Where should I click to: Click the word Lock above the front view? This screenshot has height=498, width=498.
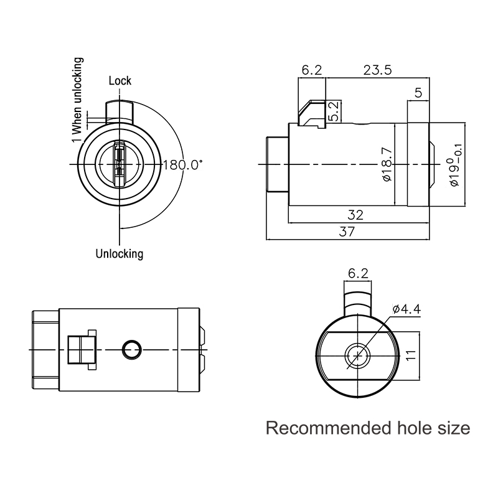(x=120, y=81)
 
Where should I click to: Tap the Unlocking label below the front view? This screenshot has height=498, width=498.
(x=120, y=254)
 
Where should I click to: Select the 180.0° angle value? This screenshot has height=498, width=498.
(x=182, y=165)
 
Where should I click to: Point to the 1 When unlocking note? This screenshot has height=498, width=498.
(x=77, y=100)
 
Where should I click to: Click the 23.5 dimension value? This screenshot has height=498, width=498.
(x=378, y=70)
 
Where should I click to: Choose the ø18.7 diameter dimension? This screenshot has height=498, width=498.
(x=388, y=164)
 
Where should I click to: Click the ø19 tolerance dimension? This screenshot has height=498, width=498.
(x=455, y=164)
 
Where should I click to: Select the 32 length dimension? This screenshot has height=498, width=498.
(x=355, y=215)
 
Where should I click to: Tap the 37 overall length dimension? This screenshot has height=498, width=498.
(x=347, y=232)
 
